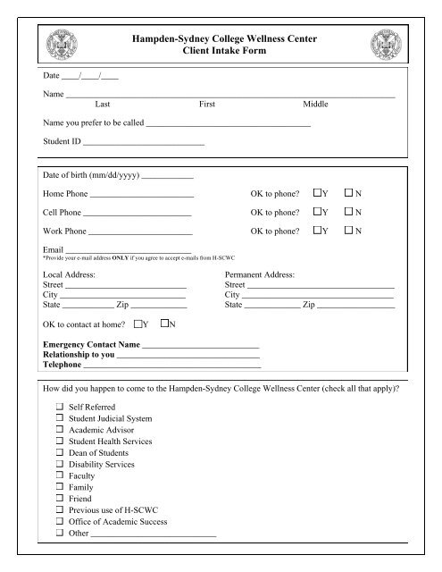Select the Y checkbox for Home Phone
click(319, 193)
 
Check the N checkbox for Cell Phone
click(350, 213)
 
